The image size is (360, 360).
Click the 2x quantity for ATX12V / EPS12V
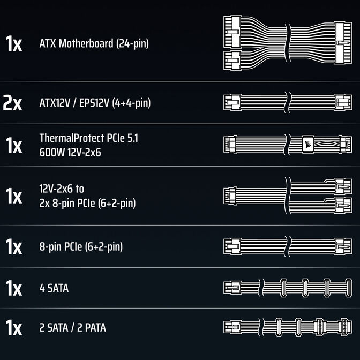pyautogui.click(x=12, y=103)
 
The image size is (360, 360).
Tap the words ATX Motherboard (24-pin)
pyautogui.click(x=94, y=43)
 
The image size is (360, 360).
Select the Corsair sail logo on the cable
pyautogui.click(x=308, y=145)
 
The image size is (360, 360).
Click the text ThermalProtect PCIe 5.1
pyautogui.click(x=89, y=138)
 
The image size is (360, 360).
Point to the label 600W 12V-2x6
pyautogui.click(x=70, y=152)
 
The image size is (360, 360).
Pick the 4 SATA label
pyautogui.click(x=54, y=288)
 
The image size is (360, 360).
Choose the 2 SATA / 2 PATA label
pyautogui.click(x=72, y=327)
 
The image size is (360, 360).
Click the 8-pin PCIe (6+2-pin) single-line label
pyautogui.click(x=81, y=247)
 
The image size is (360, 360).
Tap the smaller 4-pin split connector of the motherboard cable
pyautogui.click(x=232, y=61)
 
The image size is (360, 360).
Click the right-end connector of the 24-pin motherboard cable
pyautogui.click(x=343, y=43)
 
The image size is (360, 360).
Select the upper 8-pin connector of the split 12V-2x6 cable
pyautogui.click(x=343, y=186)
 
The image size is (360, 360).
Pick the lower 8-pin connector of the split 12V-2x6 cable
pyautogui.click(x=343, y=205)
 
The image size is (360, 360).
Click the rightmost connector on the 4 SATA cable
pyautogui.click(x=349, y=288)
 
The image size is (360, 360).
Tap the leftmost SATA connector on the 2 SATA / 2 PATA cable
pyautogui.click(x=279, y=327)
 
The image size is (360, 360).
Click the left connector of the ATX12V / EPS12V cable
pyautogui.click(x=232, y=102)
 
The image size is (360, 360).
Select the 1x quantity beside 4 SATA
pyautogui.click(x=14, y=288)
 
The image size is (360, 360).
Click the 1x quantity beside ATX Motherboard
pyautogui.click(x=14, y=43)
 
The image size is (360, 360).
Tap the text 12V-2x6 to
pyautogui.click(x=62, y=189)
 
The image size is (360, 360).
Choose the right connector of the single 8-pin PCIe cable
pyautogui.click(x=343, y=246)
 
